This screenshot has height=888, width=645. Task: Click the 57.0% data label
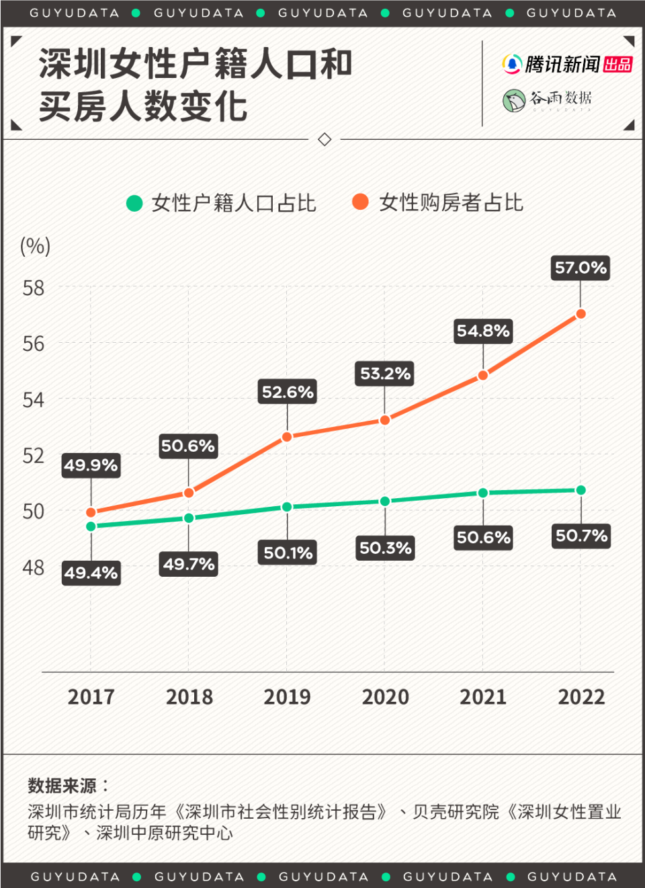(580, 268)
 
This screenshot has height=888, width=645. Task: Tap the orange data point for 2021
(482, 376)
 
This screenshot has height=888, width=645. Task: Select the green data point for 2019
(287, 507)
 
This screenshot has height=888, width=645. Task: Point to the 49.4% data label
(91, 573)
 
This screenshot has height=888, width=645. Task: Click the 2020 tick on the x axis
(385, 697)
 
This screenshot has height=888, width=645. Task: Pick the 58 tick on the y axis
(34, 288)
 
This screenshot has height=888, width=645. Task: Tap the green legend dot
(134, 203)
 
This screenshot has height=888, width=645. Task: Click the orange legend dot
(360, 202)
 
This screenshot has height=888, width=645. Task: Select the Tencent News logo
(567, 65)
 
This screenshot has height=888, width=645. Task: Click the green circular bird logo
(514, 100)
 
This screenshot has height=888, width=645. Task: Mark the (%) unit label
(35, 246)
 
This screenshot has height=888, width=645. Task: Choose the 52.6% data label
(288, 392)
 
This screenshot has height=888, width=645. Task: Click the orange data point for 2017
(91, 513)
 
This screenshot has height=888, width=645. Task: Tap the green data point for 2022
(580, 490)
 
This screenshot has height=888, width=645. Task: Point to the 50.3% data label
(385, 548)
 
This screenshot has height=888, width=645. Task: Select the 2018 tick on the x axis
(189, 697)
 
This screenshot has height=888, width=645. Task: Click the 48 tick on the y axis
(34, 567)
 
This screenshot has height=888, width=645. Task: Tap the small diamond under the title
(325, 139)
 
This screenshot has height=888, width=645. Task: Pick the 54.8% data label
(483, 331)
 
